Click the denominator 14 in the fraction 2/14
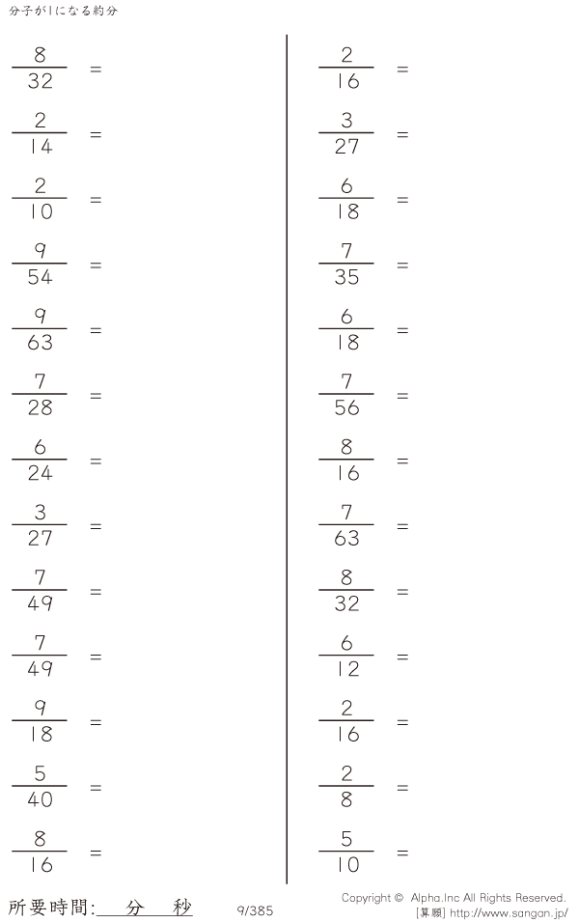coord(40,146)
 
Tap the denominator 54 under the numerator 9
coord(40,277)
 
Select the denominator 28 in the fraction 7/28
coord(40,407)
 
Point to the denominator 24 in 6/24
coord(40,473)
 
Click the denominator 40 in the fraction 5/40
coord(40,799)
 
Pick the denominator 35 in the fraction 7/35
coord(346,277)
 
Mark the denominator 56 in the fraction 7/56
coord(346,407)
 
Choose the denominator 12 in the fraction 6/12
coord(346,669)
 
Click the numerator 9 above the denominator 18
coord(40,708)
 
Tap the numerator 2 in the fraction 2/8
coord(346,773)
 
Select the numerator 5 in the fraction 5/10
coord(346,838)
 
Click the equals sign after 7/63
coord(402,526)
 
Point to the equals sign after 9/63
coord(96,330)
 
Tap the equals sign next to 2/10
coord(96,200)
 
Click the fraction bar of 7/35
coord(346,264)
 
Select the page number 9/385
coord(255,910)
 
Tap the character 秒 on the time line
coord(182,908)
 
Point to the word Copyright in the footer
coord(366,898)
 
